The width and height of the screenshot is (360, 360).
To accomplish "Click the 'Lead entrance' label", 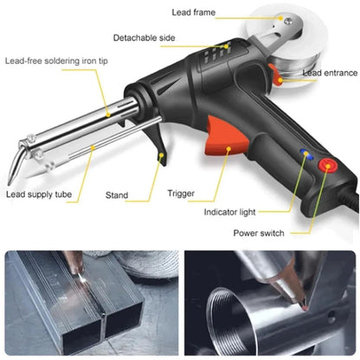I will point(323,74).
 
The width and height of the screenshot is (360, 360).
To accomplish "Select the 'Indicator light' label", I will point(235,211).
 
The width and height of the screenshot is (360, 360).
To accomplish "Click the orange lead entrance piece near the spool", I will point(278,76).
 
